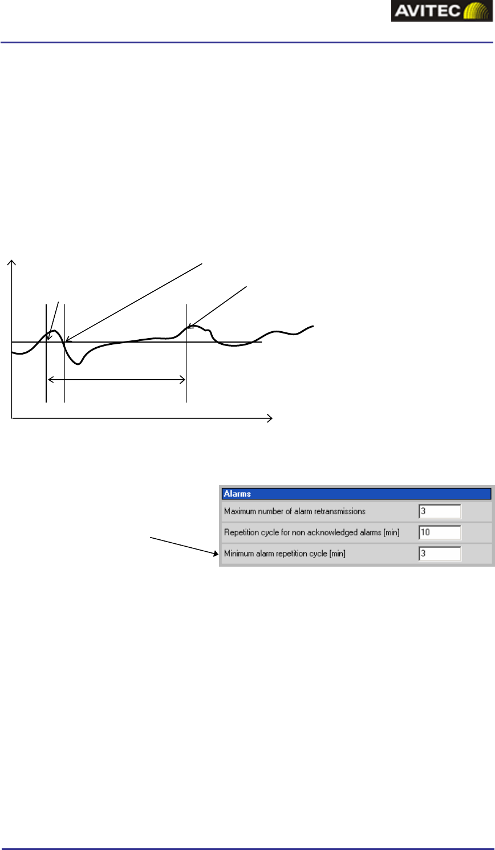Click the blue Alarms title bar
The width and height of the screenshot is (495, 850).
356,494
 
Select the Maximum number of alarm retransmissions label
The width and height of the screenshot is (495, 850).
294,511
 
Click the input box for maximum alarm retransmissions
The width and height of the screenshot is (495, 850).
439,511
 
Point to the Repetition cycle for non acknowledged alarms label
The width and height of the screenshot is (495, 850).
311,532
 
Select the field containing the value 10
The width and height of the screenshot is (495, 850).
439,532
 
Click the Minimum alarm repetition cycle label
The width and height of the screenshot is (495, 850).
285,554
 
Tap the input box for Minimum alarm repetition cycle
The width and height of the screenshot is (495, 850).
439,554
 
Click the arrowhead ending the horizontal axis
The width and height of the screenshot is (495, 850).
269,418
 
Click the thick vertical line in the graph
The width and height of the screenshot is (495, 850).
46,353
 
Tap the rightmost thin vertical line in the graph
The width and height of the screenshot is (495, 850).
186,353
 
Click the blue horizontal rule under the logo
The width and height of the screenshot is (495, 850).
247,42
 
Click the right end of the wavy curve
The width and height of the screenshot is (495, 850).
313,327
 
